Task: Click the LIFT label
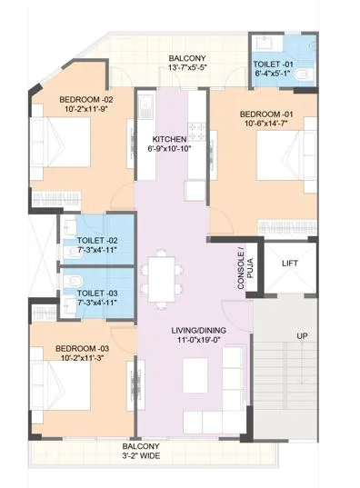[x=291, y=263]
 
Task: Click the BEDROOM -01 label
[x=265, y=114]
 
